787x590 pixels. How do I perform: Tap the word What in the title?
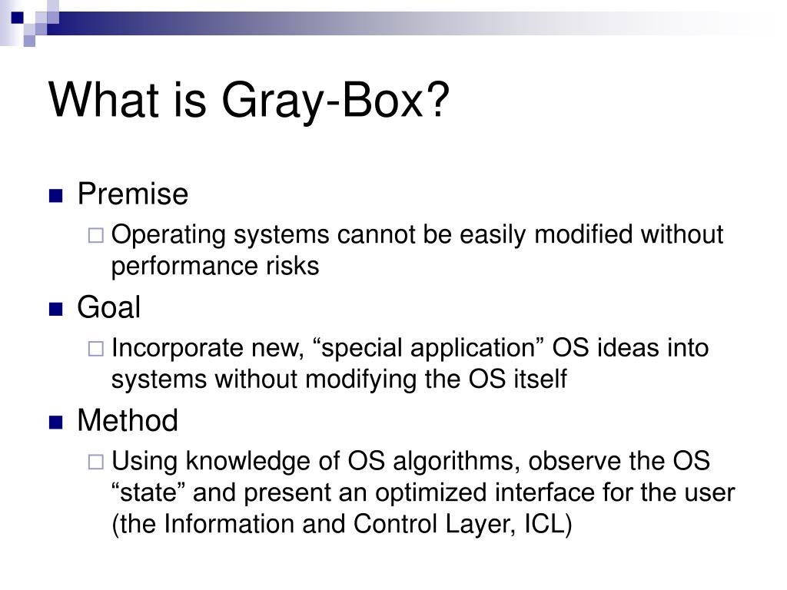pos(99,99)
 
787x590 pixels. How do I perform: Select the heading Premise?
pos(132,194)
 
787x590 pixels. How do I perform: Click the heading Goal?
pos(108,308)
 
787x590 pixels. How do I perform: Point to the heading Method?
pos(127,421)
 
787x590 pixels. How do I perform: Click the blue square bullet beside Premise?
pos(55,196)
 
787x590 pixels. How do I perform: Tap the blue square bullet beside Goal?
pos(55,310)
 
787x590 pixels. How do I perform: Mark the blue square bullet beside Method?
pos(55,423)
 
